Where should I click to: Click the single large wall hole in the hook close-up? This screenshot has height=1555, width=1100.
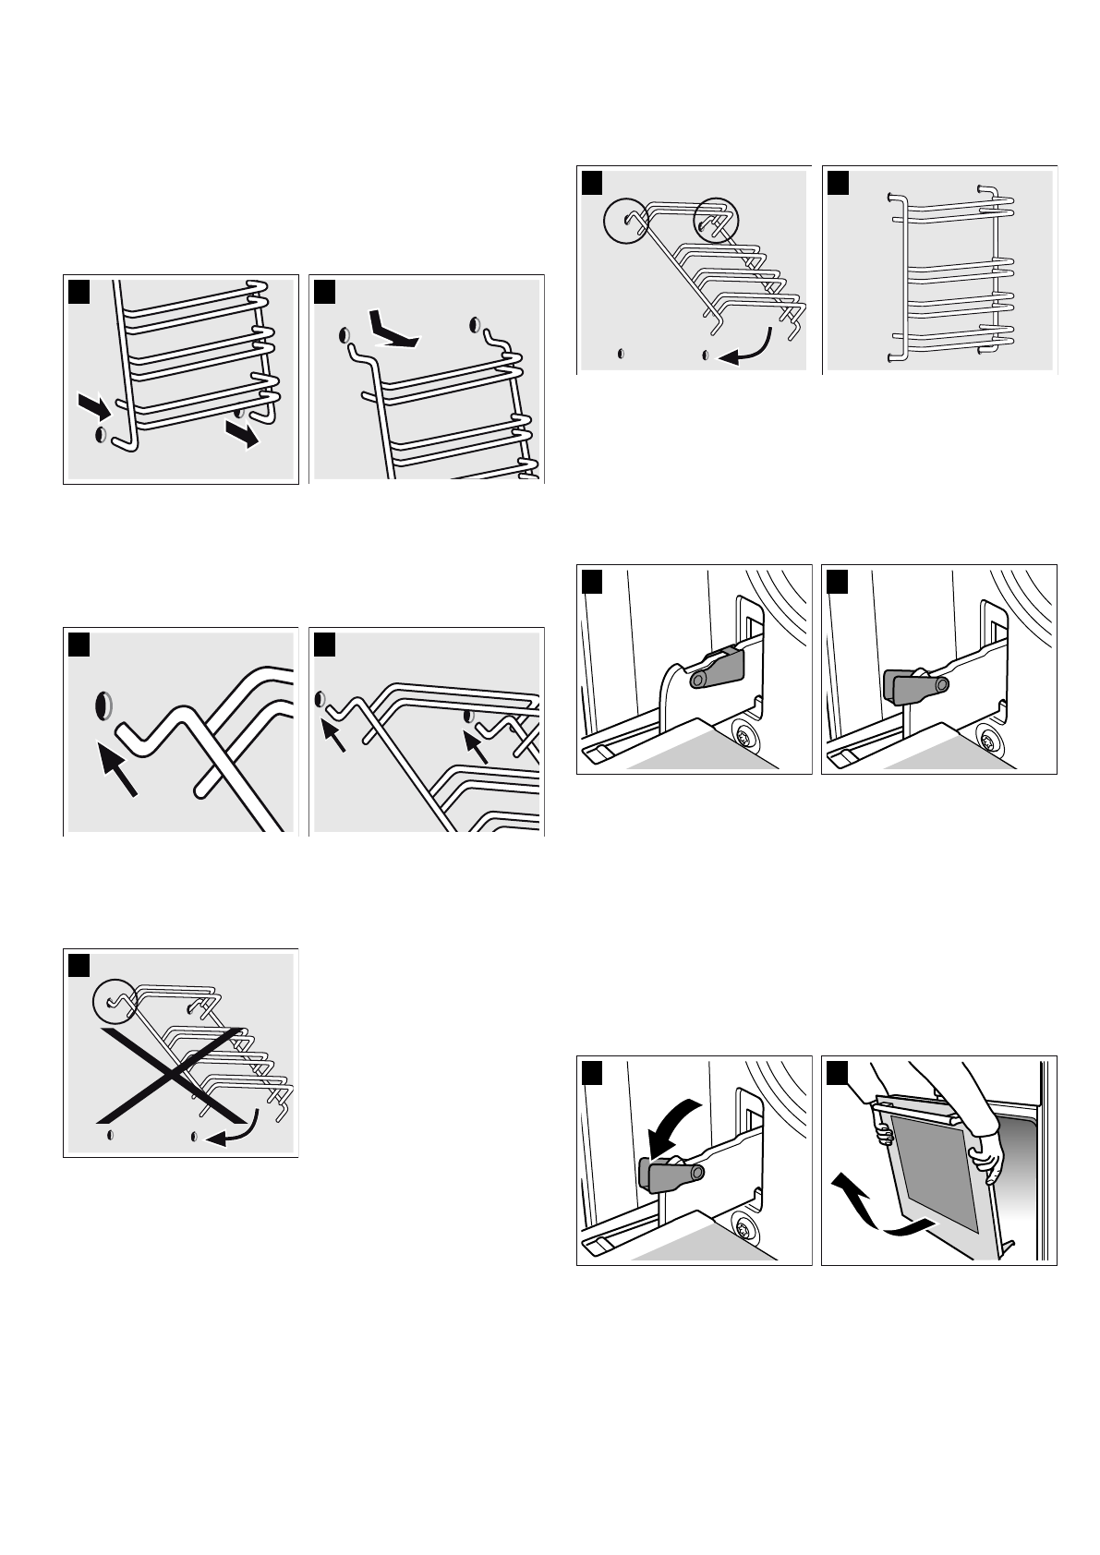[x=103, y=705]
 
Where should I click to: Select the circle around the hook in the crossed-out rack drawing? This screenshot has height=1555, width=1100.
[x=115, y=1000]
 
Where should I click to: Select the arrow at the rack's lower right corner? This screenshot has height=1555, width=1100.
[x=243, y=438]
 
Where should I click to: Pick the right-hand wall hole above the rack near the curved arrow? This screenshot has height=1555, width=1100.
[x=476, y=324]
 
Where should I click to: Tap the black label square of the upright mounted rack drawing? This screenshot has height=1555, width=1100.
[x=837, y=182]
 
